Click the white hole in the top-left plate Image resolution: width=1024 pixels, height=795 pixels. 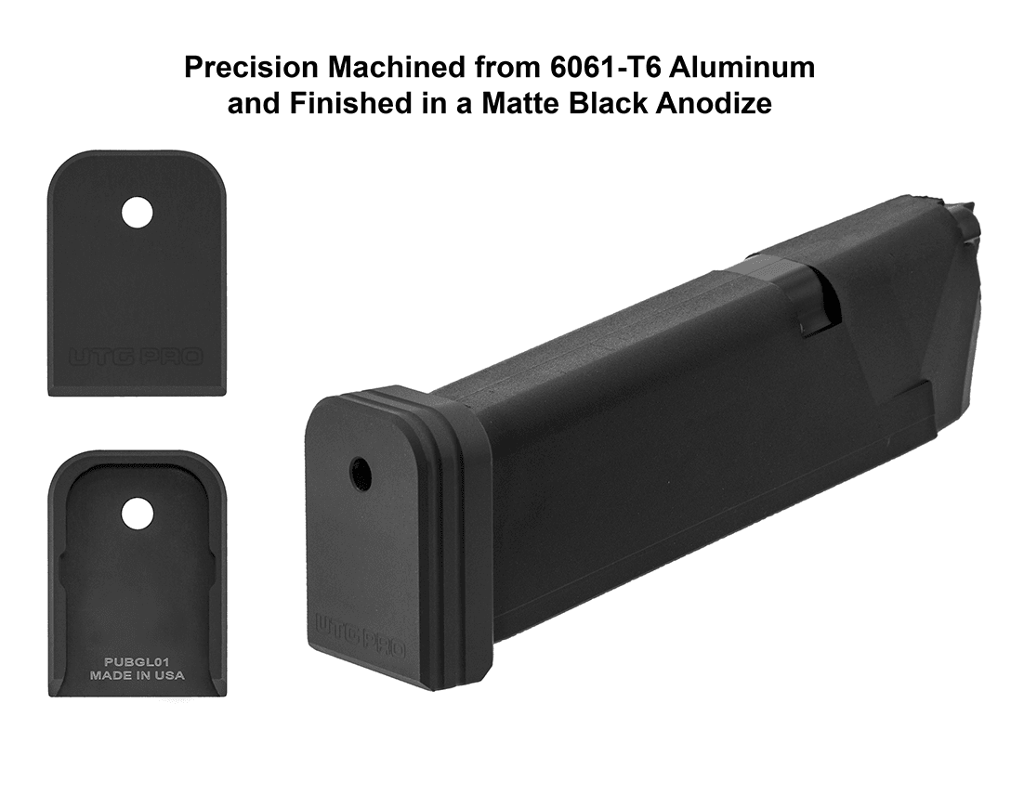[138, 213]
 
